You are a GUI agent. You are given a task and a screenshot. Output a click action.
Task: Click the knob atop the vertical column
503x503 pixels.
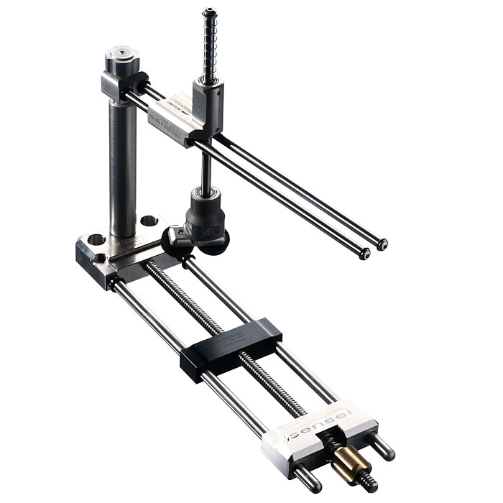[121, 58]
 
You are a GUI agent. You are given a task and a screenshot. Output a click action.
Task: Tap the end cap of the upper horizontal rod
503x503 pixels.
[382, 244]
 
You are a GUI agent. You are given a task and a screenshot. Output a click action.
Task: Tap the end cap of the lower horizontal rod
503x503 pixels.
[365, 254]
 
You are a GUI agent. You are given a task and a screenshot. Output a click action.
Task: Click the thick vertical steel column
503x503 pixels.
[123, 165]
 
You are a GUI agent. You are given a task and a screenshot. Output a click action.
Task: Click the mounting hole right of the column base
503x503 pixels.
[149, 221]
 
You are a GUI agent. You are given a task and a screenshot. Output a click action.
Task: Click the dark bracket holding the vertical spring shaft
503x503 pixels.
[208, 108]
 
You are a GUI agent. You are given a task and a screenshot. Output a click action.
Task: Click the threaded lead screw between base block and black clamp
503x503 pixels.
[172, 287]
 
